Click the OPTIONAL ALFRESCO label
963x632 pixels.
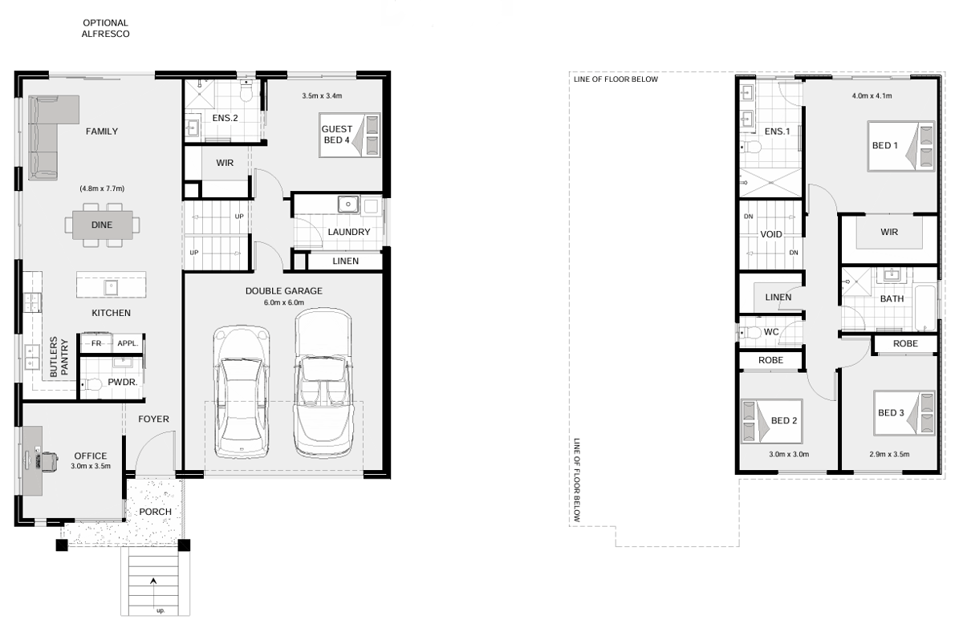[x=105, y=28]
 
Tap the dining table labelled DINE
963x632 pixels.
[x=103, y=225]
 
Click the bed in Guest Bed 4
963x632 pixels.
[x=350, y=135]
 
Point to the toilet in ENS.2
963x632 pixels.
[x=246, y=91]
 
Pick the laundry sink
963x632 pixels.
[x=348, y=204]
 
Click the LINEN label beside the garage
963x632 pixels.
[x=345, y=261]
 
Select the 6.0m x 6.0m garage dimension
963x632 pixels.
[x=284, y=302]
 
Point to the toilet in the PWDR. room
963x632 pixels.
[x=91, y=383]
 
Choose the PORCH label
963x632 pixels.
[x=155, y=512]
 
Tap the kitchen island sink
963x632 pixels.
[x=111, y=286]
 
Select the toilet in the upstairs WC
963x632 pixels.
[x=750, y=333]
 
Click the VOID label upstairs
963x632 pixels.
[x=771, y=234]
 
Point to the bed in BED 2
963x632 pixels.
[x=772, y=422]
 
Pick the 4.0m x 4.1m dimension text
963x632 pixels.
[x=872, y=95]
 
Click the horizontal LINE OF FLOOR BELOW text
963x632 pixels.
[x=616, y=79]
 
